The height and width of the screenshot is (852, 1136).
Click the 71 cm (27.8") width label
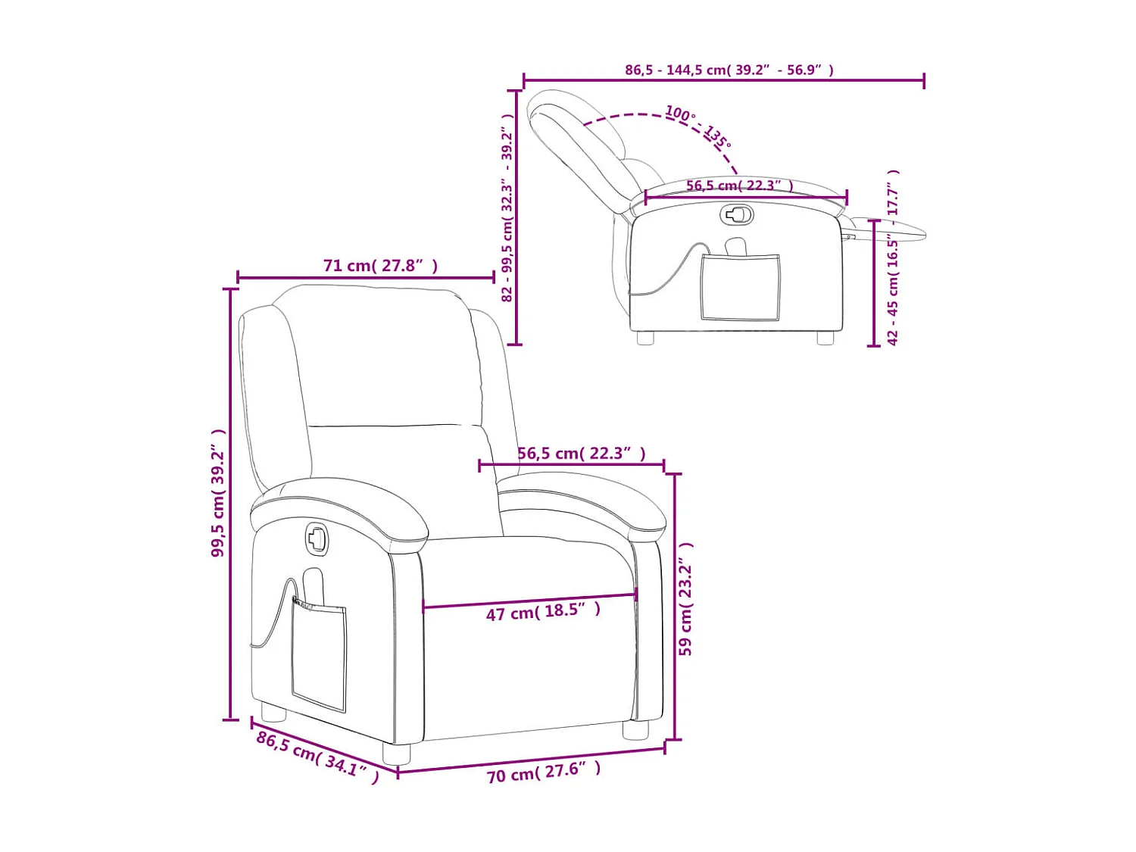[x=380, y=266]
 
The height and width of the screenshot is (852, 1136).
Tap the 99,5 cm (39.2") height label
[x=219, y=493]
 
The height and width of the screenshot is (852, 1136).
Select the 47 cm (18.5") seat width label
[x=543, y=611]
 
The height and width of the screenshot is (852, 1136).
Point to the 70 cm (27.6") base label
[x=543, y=772]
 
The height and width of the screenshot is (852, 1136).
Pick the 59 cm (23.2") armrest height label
[x=685, y=598]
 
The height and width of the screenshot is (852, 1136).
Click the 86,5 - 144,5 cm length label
[x=729, y=70]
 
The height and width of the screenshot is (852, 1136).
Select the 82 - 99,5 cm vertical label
[x=507, y=208]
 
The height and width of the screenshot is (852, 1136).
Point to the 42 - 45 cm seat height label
[x=893, y=257]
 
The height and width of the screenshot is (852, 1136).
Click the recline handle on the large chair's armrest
[x=317, y=539]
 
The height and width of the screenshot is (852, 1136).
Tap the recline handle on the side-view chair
[x=737, y=215]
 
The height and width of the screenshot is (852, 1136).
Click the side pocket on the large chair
[x=319, y=654]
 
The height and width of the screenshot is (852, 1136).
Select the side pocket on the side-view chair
[x=740, y=287]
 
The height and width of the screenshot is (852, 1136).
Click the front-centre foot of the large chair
[x=396, y=754]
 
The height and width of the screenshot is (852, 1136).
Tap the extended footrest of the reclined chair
[x=890, y=228]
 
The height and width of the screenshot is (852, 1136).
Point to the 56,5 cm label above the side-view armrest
[x=739, y=186]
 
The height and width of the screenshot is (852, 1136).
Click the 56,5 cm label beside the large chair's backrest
[x=581, y=454]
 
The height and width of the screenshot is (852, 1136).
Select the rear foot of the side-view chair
[x=645, y=339]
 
